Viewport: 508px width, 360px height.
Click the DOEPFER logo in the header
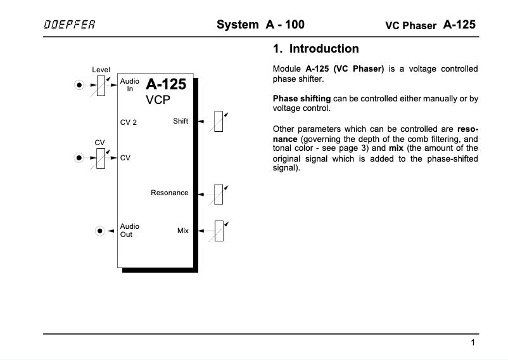(x=70, y=26)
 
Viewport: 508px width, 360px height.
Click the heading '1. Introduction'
(x=315, y=49)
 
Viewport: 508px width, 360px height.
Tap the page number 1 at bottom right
(x=473, y=344)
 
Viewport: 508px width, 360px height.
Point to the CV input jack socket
(x=79, y=158)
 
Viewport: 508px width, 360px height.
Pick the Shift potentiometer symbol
(x=219, y=120)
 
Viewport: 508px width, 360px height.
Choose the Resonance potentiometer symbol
(x=219, y=193)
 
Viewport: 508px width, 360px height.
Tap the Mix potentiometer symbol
(x=219, y=231)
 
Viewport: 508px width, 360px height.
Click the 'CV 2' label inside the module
(x=129, y=122)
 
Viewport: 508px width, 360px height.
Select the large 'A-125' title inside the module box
(x=166, y=84)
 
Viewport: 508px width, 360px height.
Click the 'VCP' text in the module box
(x=158, y=100)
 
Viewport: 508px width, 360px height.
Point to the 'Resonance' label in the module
(x=169, y=193)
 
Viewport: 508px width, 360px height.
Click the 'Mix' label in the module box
(x=183, y=231)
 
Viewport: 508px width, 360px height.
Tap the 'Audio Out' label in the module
(x=129, y=230)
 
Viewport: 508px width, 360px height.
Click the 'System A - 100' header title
(x=260, y=25)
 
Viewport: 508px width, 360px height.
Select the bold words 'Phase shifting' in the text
(x=302, y=98)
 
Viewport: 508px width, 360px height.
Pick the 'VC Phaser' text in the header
(x=410, y=26)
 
